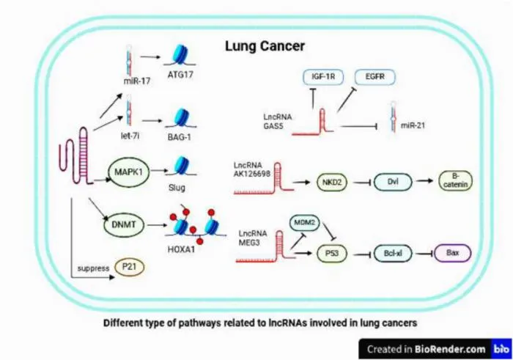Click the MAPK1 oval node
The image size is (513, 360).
(x=128, y=172)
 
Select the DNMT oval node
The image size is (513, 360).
(x=124, y=225)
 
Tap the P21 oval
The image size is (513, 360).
(x=129, y=267)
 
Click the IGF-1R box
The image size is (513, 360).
(x=323, y=77)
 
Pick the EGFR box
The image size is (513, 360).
(x=375, y=77)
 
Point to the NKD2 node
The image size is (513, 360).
(x=332, y=182)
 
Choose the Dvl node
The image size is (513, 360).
(x=393, y=182)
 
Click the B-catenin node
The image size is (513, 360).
(x=455, y=180)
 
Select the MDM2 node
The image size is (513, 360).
(x=304, y=223)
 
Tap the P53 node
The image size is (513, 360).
(x=332, y=253)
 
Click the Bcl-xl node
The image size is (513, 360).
(x=393, y=253)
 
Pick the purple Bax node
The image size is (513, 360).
(x=452, y=253)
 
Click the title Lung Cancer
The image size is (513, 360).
(x=265, y=45)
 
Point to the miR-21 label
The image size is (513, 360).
(x=413, y=125)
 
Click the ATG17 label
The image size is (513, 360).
(x=180, y=75)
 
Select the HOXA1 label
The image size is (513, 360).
(x=181, y=249)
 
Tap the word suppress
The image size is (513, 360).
(x=93, y=268)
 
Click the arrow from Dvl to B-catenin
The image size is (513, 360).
(x=424, y=180)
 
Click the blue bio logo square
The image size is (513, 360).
(x=501, y=349)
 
